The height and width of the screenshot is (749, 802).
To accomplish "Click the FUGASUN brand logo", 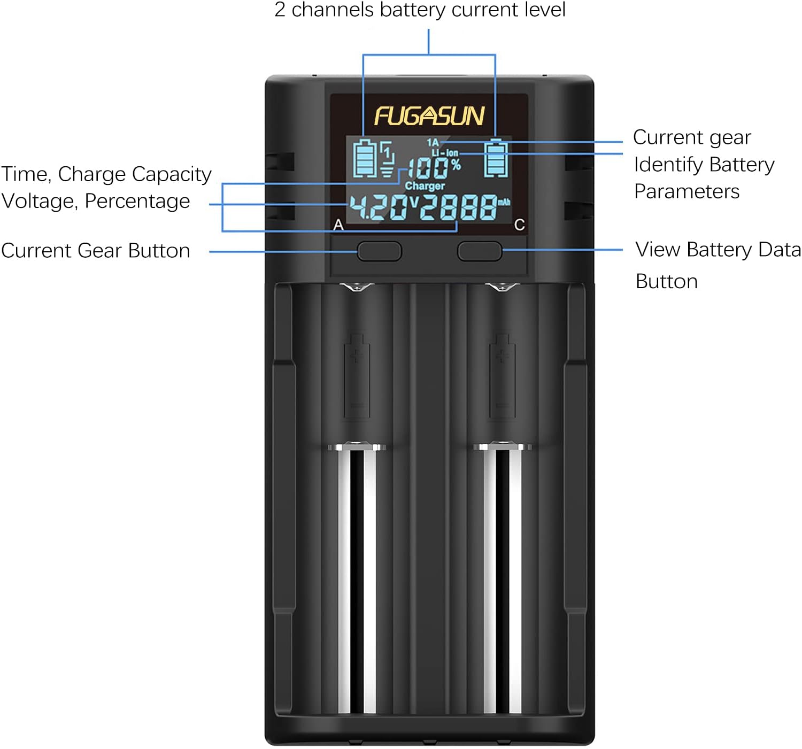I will coord(429,116).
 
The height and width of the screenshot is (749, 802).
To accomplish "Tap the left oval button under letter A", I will coord(379,251).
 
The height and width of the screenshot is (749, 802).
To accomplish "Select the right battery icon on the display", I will coord(496,158).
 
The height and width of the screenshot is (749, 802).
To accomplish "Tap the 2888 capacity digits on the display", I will coord(458,207).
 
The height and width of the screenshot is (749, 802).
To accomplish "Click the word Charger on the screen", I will coord(425,186).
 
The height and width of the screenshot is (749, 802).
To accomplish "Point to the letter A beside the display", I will coord(338,225).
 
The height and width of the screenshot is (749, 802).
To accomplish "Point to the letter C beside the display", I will coord(519,225).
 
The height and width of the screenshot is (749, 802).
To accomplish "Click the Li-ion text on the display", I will coord(445,153).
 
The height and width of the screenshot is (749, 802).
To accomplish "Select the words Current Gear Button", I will coord(96,251).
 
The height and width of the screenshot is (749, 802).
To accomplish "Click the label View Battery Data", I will coord(718,250).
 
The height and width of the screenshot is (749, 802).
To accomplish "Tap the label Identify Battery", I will coord(704,165).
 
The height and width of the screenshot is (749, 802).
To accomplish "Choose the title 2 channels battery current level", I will coord(420,10).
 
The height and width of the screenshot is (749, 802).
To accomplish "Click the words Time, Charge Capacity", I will coord(106,174).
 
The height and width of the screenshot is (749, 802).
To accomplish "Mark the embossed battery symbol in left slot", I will coord(357,375).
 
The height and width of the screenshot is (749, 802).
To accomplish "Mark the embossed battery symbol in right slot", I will coord(503,375).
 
